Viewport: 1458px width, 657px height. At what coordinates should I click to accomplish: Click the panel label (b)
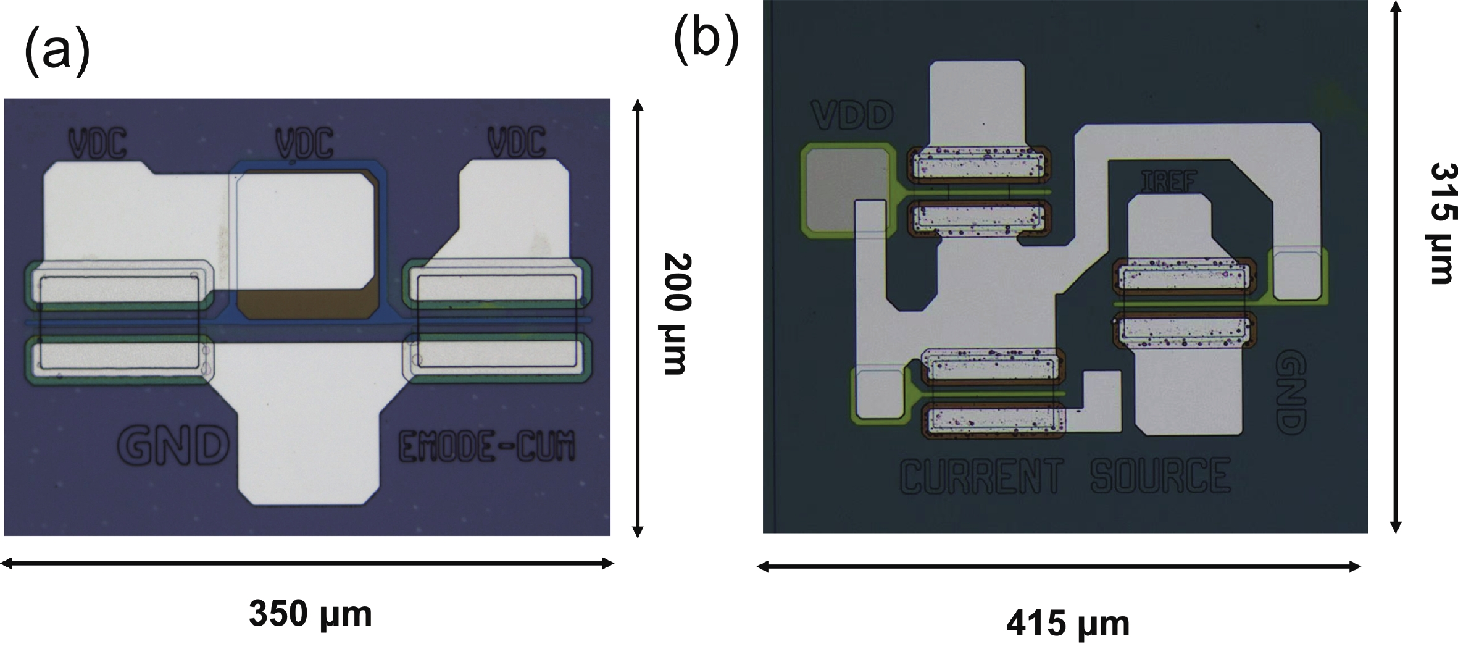(706, 38)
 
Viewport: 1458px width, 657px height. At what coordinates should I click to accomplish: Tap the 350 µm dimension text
(310, 614)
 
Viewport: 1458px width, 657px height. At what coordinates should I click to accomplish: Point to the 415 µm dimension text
(1068, 624)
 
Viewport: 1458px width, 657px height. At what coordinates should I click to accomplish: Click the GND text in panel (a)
(173, 445)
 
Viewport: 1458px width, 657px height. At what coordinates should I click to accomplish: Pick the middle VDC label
(304, 143)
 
